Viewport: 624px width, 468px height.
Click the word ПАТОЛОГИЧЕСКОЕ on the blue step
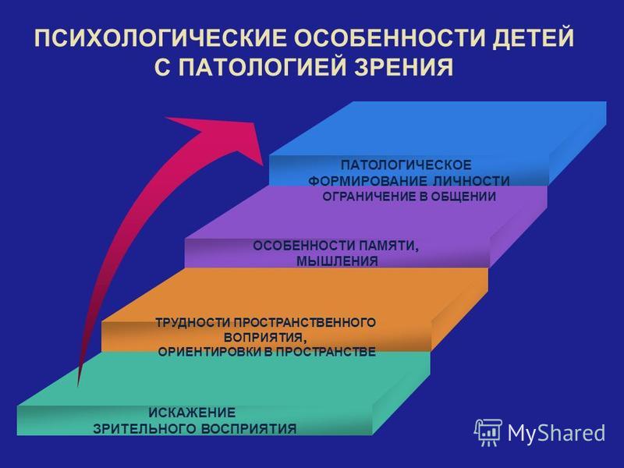(x=406, y=165)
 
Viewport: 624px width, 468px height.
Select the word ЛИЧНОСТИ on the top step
(x=471, y=181)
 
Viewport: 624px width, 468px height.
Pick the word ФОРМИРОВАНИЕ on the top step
(x=367, y=181)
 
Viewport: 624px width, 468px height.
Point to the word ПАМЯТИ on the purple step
(x=389, y=246)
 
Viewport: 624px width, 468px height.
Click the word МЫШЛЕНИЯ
(x=337, y=261)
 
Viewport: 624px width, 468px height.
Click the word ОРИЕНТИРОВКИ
(x=210, y=353)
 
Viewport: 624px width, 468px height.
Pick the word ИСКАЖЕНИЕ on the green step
(x=192, y=413)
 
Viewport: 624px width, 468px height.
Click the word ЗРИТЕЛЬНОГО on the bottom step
(x=144, y=429)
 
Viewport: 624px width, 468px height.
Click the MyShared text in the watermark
(x=556, y=433)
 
